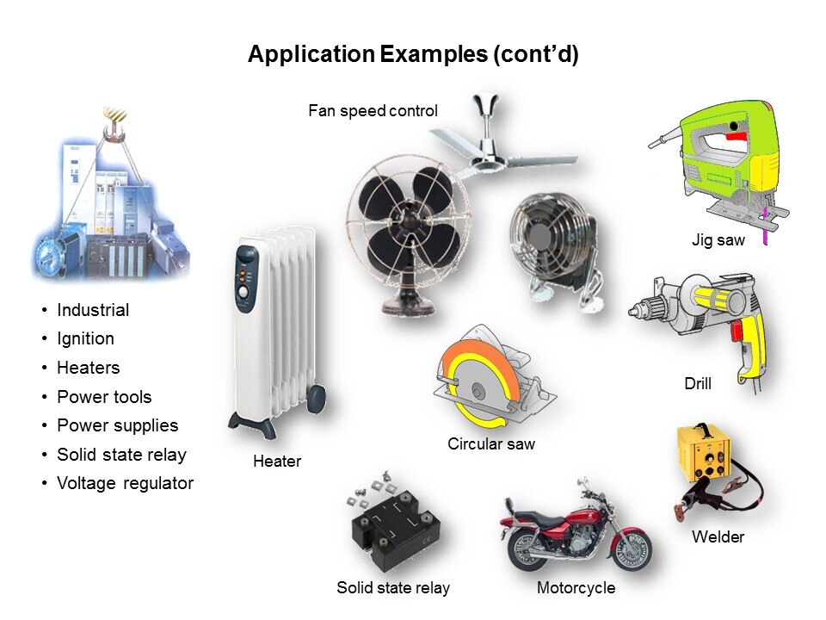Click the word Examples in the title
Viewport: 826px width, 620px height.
(x=434, y=54)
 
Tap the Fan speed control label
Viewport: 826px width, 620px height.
(x=373, y=111)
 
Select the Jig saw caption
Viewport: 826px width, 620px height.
(x=718, y=240)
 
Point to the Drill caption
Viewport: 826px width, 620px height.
(x=698, y=383)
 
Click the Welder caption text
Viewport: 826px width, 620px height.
(x=718, y=536)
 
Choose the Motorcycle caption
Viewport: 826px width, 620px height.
(x=576, y=588)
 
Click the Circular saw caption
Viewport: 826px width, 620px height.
(x=491, y=444)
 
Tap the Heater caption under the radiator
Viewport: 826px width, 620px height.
(x=277, y=462)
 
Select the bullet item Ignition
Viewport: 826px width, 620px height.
(x=85, y=338)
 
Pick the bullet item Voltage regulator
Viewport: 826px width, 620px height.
(x=126, y=483)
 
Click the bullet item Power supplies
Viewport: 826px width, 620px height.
(x=118, y=425)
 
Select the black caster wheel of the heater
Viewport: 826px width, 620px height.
(x=316, y=399)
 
